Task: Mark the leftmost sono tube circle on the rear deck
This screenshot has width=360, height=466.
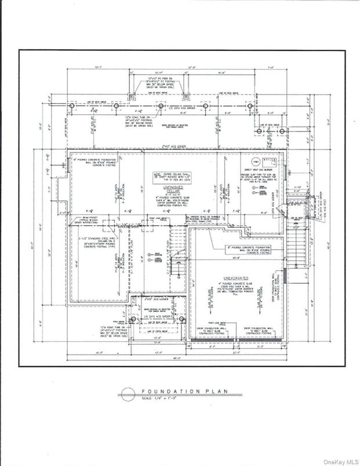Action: pyautogui.click(x=71, y=108)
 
